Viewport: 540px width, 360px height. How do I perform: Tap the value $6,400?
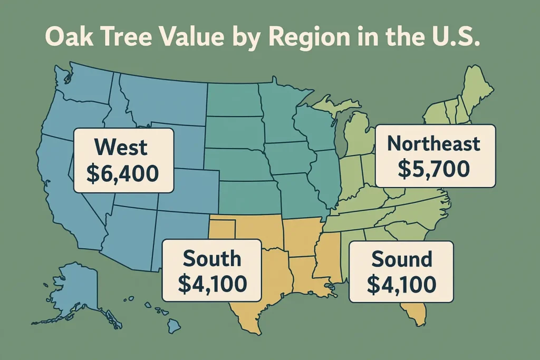pyautogui.click(x=123, y=174)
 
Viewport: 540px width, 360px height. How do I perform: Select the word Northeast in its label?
pyautogui.click(x=433, y=143)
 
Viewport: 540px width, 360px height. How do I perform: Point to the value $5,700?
pyautogui.click(x=433, y=169)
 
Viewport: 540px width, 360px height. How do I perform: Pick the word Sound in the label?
pyautogui.click(x=402, y=259)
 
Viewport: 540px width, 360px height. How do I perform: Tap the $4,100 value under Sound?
pyautogui.click(x=402, y=285)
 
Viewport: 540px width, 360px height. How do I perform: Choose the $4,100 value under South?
pyautogui.click(x=212, y=284)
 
